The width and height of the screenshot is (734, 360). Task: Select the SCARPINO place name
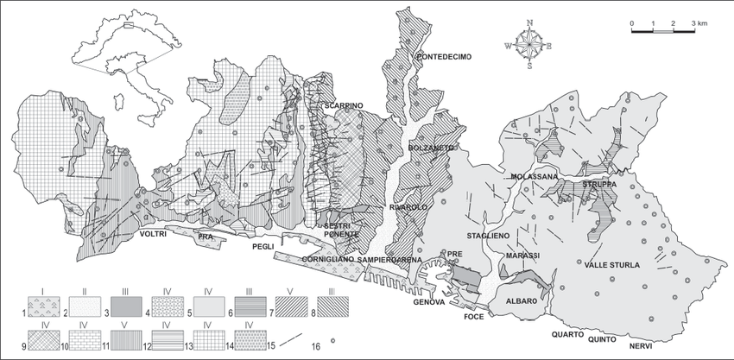344,105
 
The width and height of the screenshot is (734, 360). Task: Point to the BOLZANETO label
431,148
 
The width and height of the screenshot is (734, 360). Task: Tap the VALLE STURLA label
613,265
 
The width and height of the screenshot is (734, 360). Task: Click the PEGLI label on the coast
263,246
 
